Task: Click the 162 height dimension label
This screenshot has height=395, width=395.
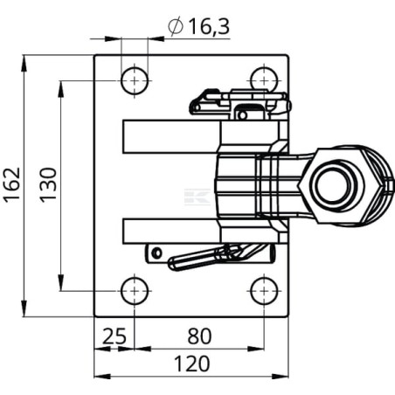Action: click(x=12, y=184)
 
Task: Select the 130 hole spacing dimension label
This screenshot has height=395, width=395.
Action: click(x=48, y=184)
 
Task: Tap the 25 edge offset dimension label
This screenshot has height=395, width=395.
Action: click(x=114, y=336)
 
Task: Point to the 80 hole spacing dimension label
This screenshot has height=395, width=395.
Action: click(x=199, y=336)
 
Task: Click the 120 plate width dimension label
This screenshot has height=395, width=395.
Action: click(x=192, y=364)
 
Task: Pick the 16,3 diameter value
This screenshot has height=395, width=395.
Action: click(x=209, y=26)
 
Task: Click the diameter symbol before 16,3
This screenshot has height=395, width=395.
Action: click(x=176, y=26)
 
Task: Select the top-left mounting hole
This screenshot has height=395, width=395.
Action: click(x=135, y=80)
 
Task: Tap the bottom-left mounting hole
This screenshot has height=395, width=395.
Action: click(x=135, y=291)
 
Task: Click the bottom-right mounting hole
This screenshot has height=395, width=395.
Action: click(x=264, y=291)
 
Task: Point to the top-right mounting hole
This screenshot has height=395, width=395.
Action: click(x=264, y=80)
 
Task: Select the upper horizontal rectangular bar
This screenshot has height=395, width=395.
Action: click(x=172, y=136)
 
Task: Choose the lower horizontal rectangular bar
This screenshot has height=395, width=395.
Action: click(x=171, y=231)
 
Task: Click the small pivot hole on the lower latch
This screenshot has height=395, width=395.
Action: click(x=157, y=253)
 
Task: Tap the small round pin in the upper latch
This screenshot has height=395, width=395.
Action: click(x=242, y=115)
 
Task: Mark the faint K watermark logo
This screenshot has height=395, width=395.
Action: click(x=197, y=197)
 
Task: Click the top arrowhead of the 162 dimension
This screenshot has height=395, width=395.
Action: click(x=24, y=63)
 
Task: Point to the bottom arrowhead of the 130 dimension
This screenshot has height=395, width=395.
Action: click(x=61, y=282)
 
